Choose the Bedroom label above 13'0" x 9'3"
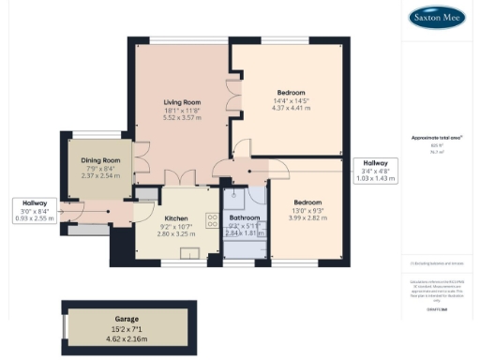pos(307,202)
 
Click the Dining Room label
pos(100,160)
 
